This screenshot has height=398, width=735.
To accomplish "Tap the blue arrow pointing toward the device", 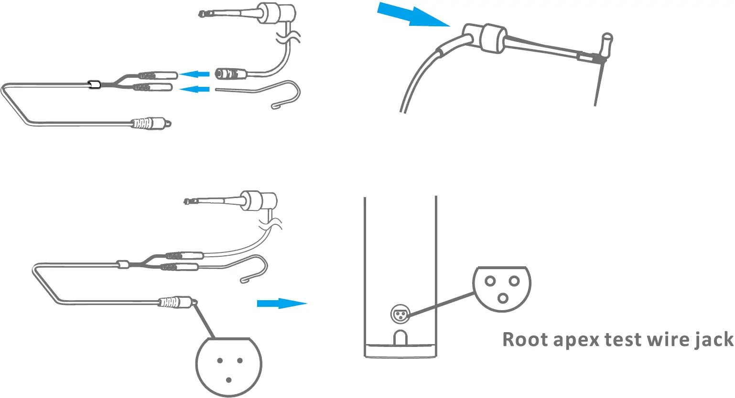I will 281,304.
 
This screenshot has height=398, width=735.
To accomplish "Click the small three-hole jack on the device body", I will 399,314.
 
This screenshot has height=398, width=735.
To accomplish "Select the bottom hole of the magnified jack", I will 502,298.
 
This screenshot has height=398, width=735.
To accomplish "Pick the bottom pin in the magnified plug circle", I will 229,380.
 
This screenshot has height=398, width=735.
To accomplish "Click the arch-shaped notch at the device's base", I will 400,337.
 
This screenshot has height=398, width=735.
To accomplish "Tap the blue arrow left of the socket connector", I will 195,74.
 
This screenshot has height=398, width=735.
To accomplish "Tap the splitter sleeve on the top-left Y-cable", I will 93,85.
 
